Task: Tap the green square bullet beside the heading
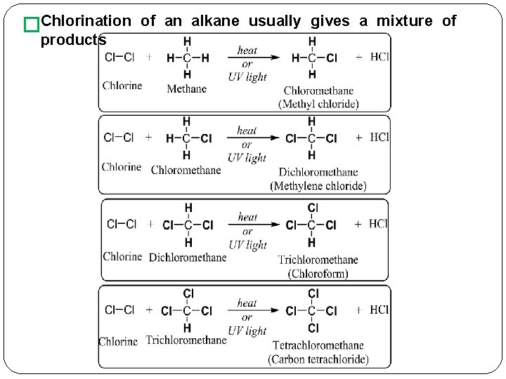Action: (x=30, y=25)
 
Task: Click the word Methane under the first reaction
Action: (x=186, y=88)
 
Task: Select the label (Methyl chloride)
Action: (x=318, y=104)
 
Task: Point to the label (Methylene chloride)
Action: (x=318, y=186)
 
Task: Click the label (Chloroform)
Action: (x=318, y=273)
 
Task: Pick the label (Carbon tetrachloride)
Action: (x=318, y=359)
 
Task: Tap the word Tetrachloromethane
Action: (x=318, y=345)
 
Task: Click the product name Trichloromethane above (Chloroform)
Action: (x=318, y=260)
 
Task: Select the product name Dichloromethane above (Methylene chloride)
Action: (x=318, y=172)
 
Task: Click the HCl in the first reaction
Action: (x=379, y=57)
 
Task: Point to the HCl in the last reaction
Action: (x=379, y=310)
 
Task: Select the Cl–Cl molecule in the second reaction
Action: (x=119, y=138)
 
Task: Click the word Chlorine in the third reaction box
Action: (x=122, y=256)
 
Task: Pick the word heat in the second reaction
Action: (x=247, y=131)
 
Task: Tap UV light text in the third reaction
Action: (x=247, y=245)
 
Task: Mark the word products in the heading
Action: (x=73, y=40)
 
